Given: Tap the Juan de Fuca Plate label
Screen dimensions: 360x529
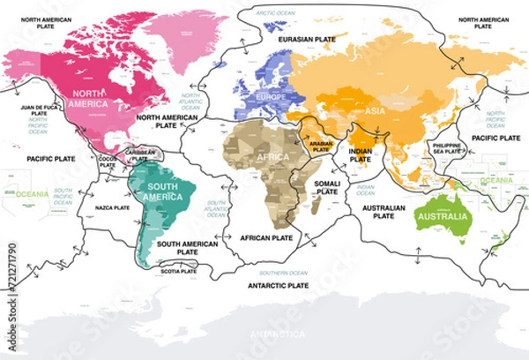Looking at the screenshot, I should (x=39, y=110).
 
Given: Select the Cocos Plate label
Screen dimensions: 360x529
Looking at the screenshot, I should (x=107, y=161).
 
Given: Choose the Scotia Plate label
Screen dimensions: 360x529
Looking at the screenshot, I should (x=181, y=271).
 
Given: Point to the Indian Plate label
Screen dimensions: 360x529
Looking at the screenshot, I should (x=361, y=156).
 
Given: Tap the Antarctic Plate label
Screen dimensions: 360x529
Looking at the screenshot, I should (x=278, y=286).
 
